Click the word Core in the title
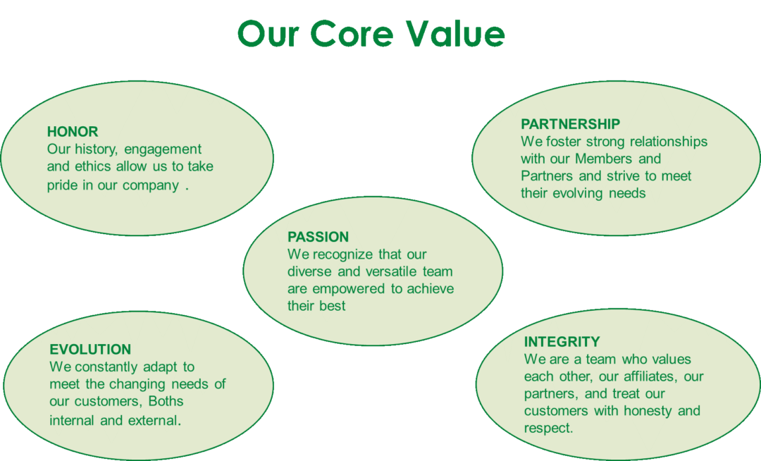click(352, 34)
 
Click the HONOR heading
click(73, 132)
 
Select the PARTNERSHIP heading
click(570, 124)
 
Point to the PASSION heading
click(318, 237)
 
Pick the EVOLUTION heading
click(90, 350)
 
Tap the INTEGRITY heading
click(562, 342)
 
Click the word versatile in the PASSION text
click(392, 271)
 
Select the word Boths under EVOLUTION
click(166, 401)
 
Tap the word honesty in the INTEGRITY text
click(648, 412)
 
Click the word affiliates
click(650, 376)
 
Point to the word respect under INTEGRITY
click(548, 429)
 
